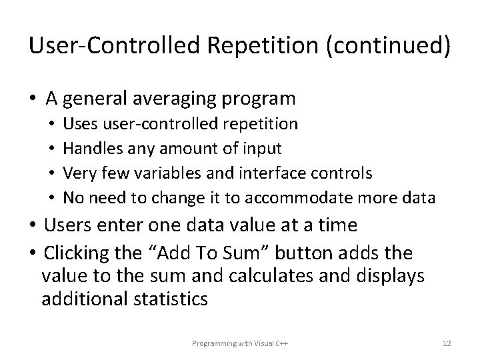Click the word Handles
pos(87,149)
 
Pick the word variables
pos(164,173)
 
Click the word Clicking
pos(75,253)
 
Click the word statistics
pos(171,299)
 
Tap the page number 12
pos(447,343)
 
